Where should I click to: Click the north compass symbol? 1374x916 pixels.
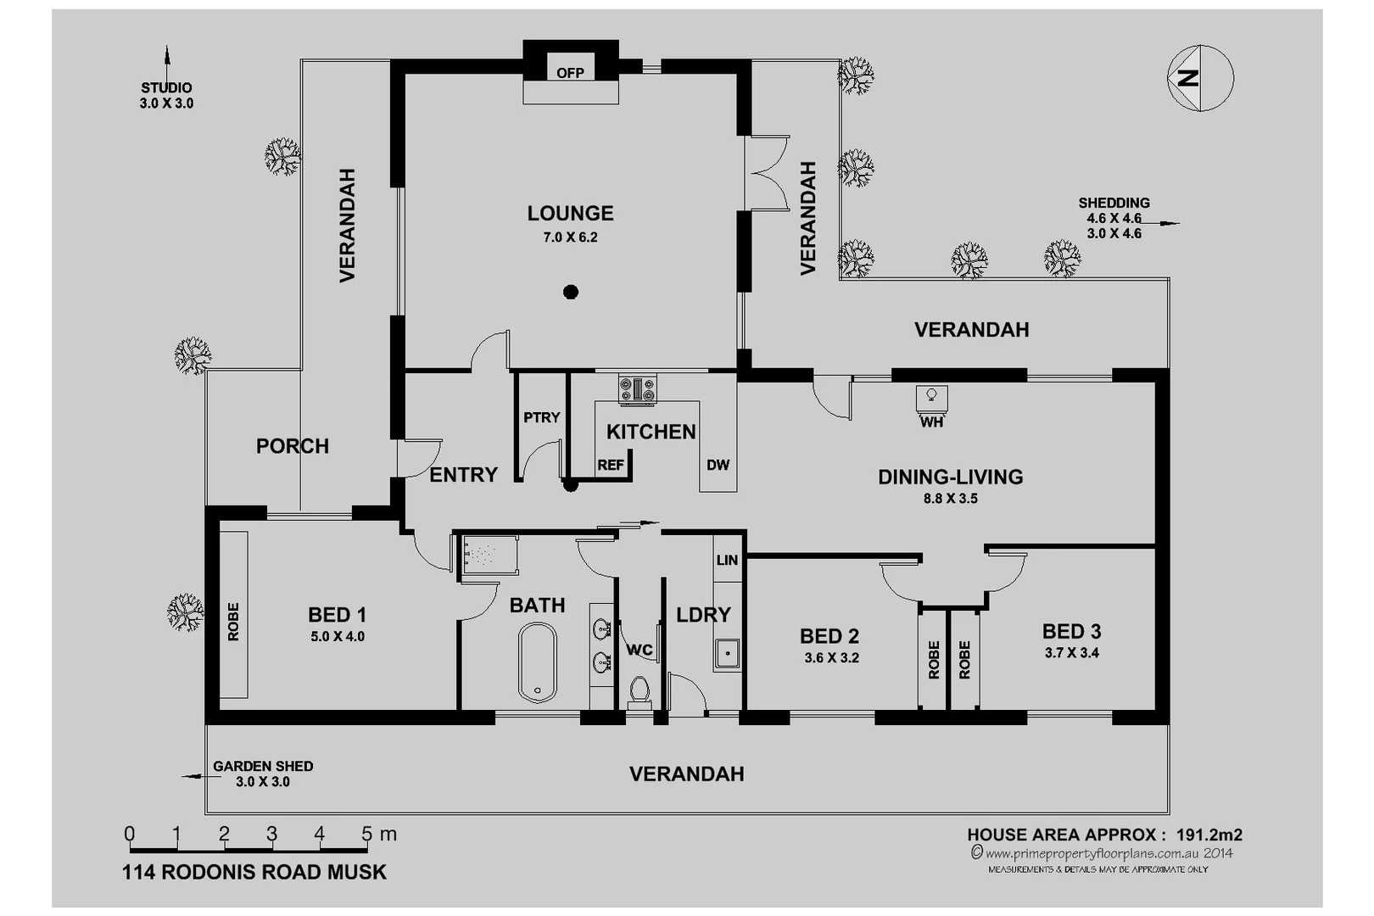pyautogui.click(x=1200, y=78)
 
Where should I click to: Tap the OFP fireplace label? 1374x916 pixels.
pyautogui.click(x=570, y=73)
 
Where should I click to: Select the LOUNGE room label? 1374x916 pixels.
pyautogui.click(x=570, y=214)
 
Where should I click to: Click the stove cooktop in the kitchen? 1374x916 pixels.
pyautogui.click(x=637, y=389)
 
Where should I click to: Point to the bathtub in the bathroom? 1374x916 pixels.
pyautogui.click(x=537, y=662)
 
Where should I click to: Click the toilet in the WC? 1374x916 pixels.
pyautogui.click(x=640, y=690)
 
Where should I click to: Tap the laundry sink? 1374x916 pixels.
pyautogui.click(x=727, y=654)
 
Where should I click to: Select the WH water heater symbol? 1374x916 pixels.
pyautogui.click(x=931, y=396)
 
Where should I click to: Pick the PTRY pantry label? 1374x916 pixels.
pyautogui.click(x=541, y=417)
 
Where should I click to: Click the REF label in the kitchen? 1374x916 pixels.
pyautogui.click(x=611, y=465)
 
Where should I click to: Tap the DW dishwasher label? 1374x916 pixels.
pyautogui.click(x=718, y=465)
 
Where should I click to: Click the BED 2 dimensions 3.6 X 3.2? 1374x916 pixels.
pyautogui.click(x=831, y=658)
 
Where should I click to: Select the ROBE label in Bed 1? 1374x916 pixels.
pyautogui.click(x=233, y=622)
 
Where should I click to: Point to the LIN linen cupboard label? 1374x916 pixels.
pyautogui.click(x=727, y=560)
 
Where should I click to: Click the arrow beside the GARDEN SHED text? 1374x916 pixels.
pyautogui.click(x=193, y=775)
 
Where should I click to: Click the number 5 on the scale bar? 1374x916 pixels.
pyautogui.click(x=366, y=834)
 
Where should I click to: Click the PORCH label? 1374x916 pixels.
pyautogui.click(x=293, y=446)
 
